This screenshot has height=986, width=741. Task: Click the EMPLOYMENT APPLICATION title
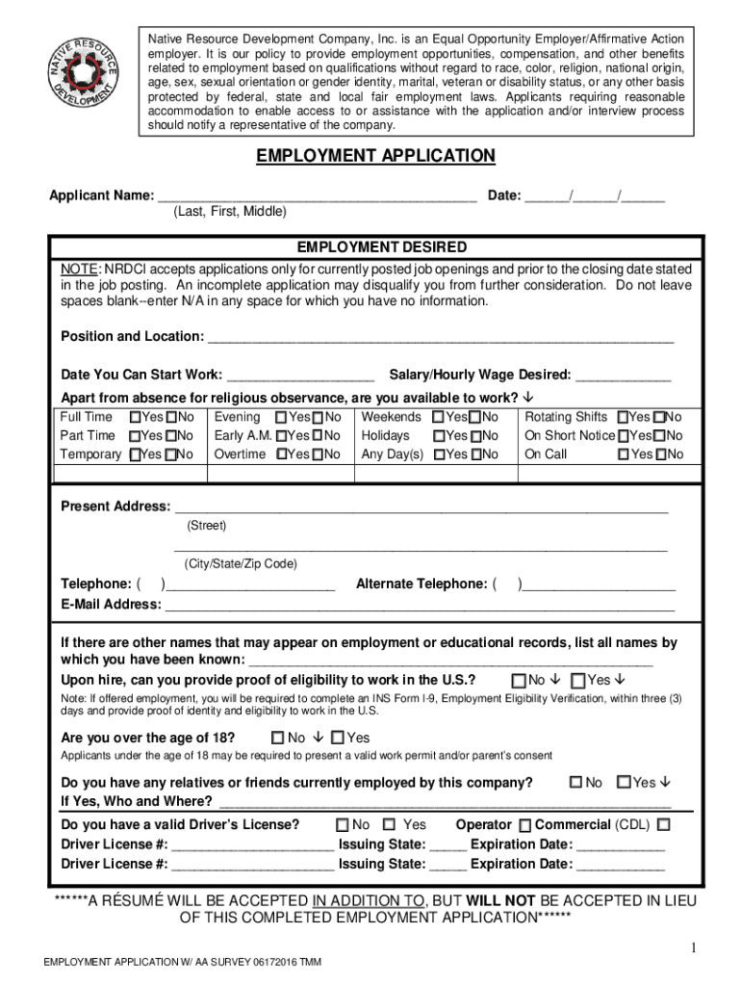point(375,156)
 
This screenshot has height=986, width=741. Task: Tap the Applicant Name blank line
point(317,196)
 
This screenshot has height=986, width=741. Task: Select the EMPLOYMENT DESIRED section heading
point(382,247)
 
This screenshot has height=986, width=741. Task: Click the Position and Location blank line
point(441,337)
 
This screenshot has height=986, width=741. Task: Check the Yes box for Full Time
point(134,418)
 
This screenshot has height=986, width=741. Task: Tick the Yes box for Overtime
point(280,454)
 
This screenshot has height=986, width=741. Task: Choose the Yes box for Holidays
point(438,436)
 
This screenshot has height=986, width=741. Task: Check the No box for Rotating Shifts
point(659,418)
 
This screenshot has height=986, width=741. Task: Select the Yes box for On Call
point(623,454)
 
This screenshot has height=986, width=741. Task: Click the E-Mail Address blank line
point(419,606)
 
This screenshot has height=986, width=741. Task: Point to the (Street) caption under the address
point(206,526)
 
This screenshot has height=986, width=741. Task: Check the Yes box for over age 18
point(337,739)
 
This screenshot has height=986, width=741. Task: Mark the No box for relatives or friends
point(575,782)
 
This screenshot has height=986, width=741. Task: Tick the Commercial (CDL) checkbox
point(664,825)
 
